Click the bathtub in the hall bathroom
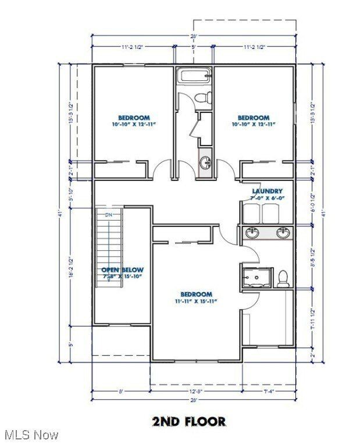(x=194, y=76)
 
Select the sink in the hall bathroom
(x=205, y=163)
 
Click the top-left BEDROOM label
(x=134, y=118)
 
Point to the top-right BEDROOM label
(x=253, y=118)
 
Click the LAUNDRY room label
(x=267, y=191)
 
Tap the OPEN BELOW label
(x=122, y=270)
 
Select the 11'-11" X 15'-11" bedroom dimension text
(x=195, y=301)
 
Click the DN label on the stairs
(x=108, y=215)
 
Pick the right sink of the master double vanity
(x=283, y=233)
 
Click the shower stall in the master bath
(x=256, y=278)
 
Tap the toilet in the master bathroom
(x=283, y=278)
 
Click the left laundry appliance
(x=251, y=214)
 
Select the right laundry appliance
(x=271, y=214)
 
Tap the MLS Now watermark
(x=31, y=435)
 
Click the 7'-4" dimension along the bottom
(x=268, y=392)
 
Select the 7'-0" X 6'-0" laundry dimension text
(x=267, y=198)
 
